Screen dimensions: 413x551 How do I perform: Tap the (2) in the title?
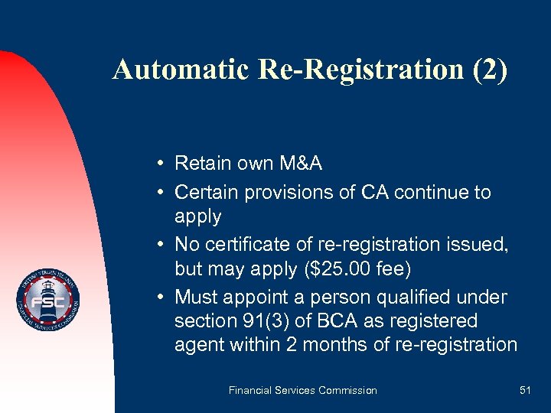tap(487, 70)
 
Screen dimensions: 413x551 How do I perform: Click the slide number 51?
tap(525, 390)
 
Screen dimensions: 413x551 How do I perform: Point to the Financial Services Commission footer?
tap(302, 390)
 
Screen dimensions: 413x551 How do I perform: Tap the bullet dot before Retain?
tap(156, 164)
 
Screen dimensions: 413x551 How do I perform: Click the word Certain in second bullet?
tap(206, 192)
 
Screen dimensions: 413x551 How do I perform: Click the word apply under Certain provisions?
tap(197, 216)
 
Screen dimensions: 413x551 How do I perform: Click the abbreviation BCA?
tap(337, 320)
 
